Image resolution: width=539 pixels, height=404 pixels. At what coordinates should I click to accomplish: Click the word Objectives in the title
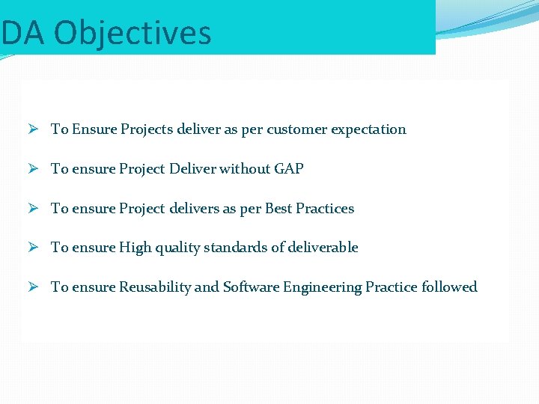tap(133, 33)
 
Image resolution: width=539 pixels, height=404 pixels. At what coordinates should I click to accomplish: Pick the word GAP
tap(288, 169)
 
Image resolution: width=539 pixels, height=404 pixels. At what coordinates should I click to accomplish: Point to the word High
tap(135, 248)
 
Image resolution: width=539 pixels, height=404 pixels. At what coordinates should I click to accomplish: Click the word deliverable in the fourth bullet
tap(321, 248)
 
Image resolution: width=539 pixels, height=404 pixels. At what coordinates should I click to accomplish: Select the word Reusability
tap(154, 287)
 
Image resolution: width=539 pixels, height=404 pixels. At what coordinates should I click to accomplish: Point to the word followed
tap(449, 287)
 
